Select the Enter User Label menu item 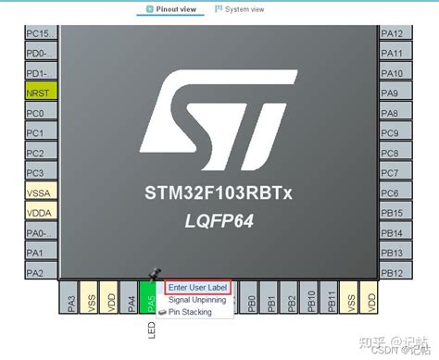(x=196, y=288)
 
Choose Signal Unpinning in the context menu (x=196, y=300)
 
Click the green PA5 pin (x=152, y=301)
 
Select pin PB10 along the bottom (x=311, y=301)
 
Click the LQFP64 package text (x=219, y=222)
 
